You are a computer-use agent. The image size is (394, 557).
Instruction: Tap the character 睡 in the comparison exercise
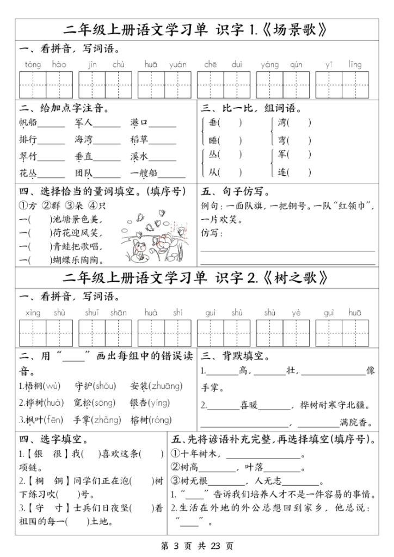point(213,140)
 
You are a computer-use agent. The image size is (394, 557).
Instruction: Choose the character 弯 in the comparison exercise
point(282,140)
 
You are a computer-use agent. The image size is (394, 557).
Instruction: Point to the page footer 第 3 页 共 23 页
point(197,546)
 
